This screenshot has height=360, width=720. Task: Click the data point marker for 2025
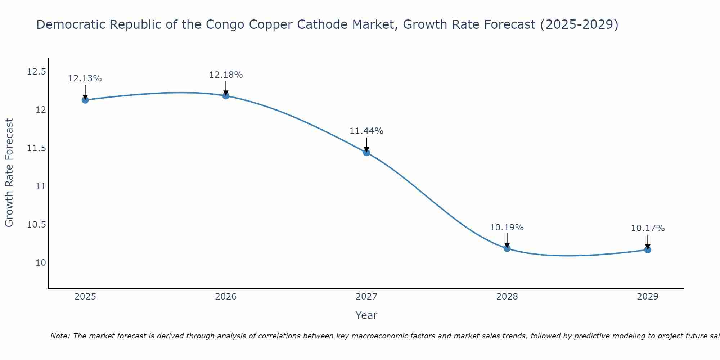(x=85, y=100)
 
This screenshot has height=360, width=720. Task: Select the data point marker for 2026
(x=226, y=96)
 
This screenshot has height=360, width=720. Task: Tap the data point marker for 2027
(x=366, y=153)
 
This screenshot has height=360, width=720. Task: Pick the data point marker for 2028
(x=507, y=248)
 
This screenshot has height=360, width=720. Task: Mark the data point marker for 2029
(x=648, y=249)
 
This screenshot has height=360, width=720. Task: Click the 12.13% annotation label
(x=85, y=78)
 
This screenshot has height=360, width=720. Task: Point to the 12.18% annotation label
(x=226, y=75)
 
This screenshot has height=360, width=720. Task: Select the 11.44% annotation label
(x=366, y=131)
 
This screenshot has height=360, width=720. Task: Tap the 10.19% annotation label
(x=507, y=228)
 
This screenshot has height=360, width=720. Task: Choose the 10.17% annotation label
(x=648, y=228)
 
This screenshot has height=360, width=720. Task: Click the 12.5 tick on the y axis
(x=37, y=72)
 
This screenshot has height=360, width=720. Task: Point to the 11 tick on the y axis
(x=41, y=186)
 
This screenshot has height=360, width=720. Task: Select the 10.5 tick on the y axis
(x=37, y=225)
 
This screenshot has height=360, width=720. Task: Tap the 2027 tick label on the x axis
(x=366, y=297)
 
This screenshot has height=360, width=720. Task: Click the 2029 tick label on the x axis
(x=648, y=297)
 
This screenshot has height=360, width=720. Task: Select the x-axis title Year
(x=366, y=315)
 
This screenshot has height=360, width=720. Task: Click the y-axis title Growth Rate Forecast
(x=9, y=173)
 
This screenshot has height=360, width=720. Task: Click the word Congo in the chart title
(x=222, y=24)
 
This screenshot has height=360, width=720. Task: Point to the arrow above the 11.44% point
(x=366, y=145)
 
